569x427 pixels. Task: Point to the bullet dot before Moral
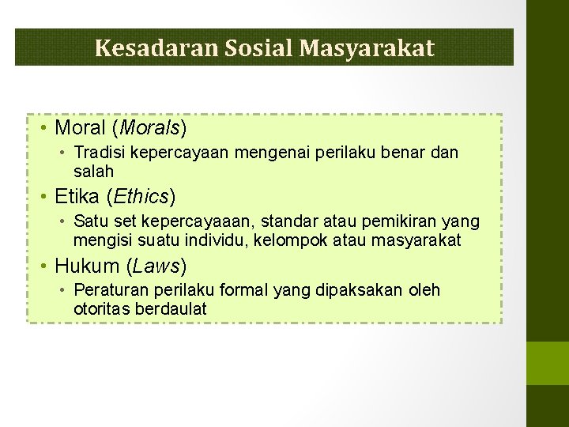point(46,127)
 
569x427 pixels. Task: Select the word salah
point(93,171)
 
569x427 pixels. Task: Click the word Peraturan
point(107,290)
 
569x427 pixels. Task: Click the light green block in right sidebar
point(548,363)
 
